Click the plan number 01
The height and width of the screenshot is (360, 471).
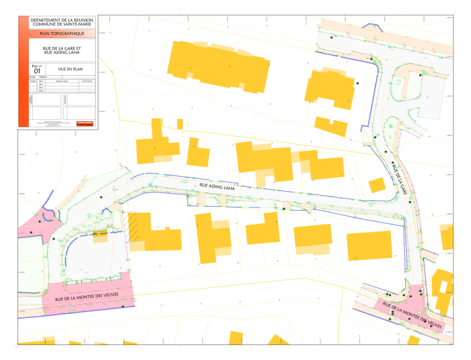point(37,71)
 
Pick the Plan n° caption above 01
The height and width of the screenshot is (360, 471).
point(37,66)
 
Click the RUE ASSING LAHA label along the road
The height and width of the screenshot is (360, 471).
point(217,187)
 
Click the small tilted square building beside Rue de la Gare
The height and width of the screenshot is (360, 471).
point(377,185)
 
